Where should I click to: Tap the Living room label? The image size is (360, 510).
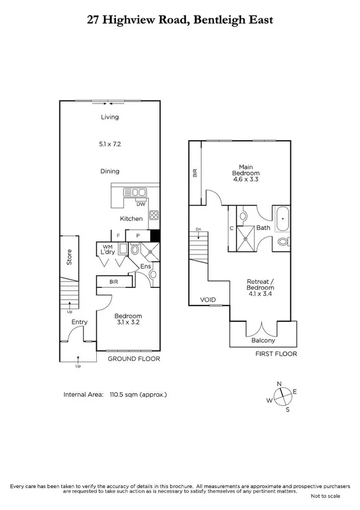coord(109,117)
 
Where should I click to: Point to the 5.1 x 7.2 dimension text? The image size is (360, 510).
coord(109,144)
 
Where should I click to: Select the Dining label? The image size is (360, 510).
coord(109,171)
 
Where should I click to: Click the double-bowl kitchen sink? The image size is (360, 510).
coord(135,192)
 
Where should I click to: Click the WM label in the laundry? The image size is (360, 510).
coord(108,247)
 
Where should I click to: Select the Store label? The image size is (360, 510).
coord(69,260)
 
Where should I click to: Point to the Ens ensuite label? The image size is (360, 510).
coord(145,266)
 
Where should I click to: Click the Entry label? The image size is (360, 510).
coord(79,322)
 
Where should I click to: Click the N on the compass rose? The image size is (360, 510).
coord(279,384)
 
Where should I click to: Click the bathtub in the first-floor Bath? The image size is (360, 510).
coord(282,220)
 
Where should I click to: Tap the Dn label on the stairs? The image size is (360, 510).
coord(198,229)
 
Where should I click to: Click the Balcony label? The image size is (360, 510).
coord(263,339)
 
